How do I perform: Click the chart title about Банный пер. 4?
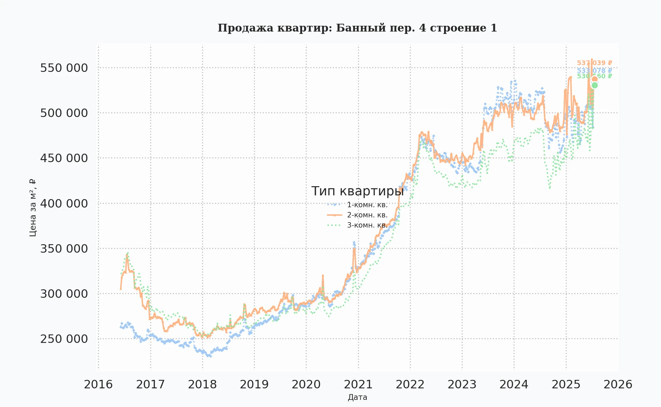[357, 28]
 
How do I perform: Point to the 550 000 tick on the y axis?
[64, 68]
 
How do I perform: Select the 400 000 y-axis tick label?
[64, 203]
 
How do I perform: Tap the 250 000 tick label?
[64, 339]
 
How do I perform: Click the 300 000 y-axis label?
[64, 294]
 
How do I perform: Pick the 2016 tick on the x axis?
[98, 385]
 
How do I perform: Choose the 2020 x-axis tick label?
[306, 385]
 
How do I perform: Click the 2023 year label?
[462, 385]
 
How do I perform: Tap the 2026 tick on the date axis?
[618, 385]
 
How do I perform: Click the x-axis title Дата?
[357, 398]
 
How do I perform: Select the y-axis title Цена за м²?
[33, 208]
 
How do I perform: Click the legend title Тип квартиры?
[357, 191]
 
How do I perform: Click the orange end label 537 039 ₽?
[594, 63]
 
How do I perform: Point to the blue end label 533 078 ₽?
[594, 71]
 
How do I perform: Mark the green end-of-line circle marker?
[595, 85]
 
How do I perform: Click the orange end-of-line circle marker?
[595, 79]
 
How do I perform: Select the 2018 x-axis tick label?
[202, 385]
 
